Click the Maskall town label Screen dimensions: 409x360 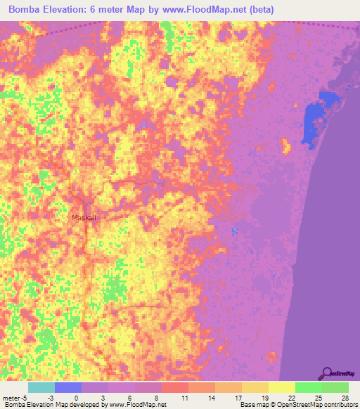pos(84,218)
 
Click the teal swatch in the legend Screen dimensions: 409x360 pos(41,387)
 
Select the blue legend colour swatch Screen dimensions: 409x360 pos(68,387)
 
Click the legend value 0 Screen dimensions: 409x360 pos(76,397)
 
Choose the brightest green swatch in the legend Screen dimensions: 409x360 pos(309,387)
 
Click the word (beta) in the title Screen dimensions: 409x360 pos(258,10)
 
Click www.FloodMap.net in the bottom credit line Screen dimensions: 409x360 pos(143,405)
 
